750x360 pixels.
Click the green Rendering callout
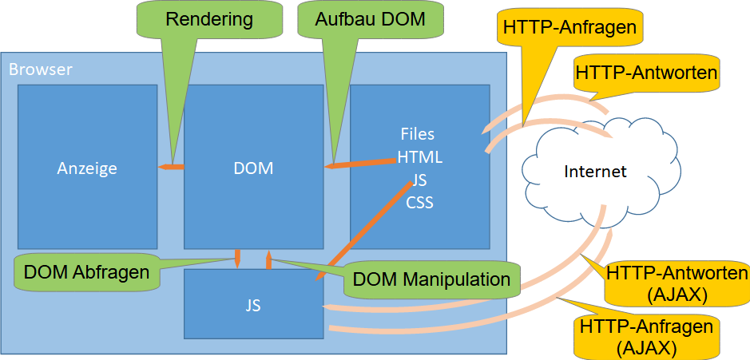[208, 19]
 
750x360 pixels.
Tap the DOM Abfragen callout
[86, 272]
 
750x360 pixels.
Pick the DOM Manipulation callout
[431, 279]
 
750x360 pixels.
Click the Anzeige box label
[87, 168]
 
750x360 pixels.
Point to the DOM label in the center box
[253, 168]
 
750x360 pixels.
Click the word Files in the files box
[419, 134]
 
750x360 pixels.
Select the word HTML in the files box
[419, 157]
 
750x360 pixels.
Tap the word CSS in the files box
[419, 203]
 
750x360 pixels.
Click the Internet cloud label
[595, 172]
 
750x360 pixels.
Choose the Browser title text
[41, 69]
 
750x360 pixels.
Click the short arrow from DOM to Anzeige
[171, 166]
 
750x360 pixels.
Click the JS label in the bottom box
[253, 305]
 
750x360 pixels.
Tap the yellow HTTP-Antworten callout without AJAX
[645, 73]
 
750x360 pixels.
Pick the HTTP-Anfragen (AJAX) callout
[647, 336]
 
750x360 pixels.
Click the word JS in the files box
[419, 180]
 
